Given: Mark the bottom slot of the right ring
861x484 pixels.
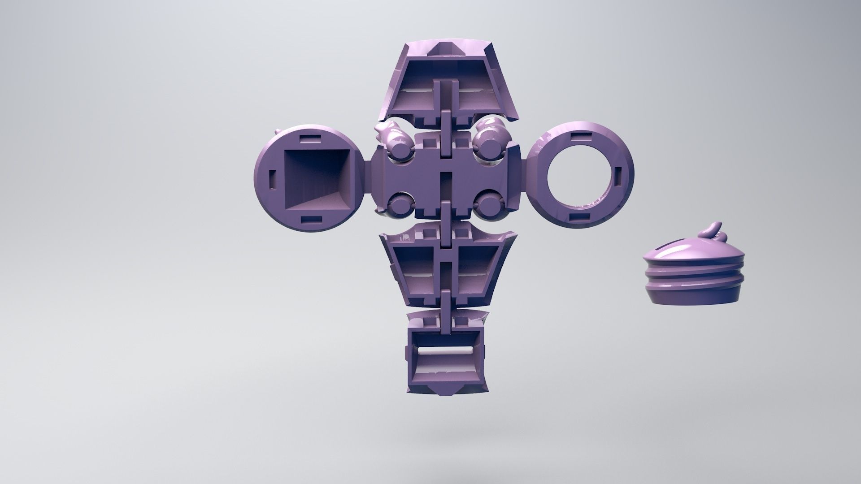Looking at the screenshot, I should pos(576,218).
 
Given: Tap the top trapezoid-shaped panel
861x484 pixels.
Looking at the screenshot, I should pos(444,85).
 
